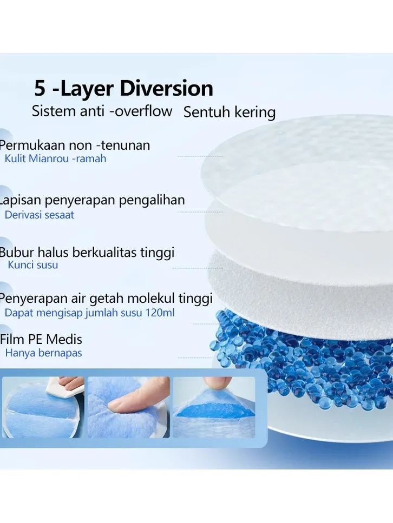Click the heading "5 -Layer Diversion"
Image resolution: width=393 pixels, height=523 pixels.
[x=123, y=88]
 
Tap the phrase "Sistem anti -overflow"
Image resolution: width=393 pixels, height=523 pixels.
[x=102, y=111]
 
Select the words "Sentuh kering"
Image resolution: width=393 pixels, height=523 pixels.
[x=230, y=112]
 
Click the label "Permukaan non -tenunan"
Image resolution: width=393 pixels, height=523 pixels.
[x=75, y=145]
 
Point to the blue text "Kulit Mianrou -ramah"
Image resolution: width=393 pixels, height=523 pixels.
[x=55, y=158]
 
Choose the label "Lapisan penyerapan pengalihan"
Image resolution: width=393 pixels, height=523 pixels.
[x=92, y=200]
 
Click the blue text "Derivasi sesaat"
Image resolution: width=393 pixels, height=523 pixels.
[x=40, y=215]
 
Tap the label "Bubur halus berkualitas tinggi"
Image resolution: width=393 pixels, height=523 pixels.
[x=87, y=253]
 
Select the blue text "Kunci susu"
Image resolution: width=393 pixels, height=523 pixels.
[x=32, y=265]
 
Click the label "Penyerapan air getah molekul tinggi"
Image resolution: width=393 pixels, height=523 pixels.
[x=106, y=298]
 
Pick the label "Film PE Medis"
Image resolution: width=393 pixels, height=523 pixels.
[x=41, y=340]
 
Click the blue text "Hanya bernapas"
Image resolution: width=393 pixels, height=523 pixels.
[x=43, y=353]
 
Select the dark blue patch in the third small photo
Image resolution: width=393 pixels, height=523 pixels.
[x=215, y=411]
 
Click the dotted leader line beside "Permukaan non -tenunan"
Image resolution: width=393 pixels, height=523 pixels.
[x=200, y=156]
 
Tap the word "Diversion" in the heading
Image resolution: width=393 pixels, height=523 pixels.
[x=166, y=88]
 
